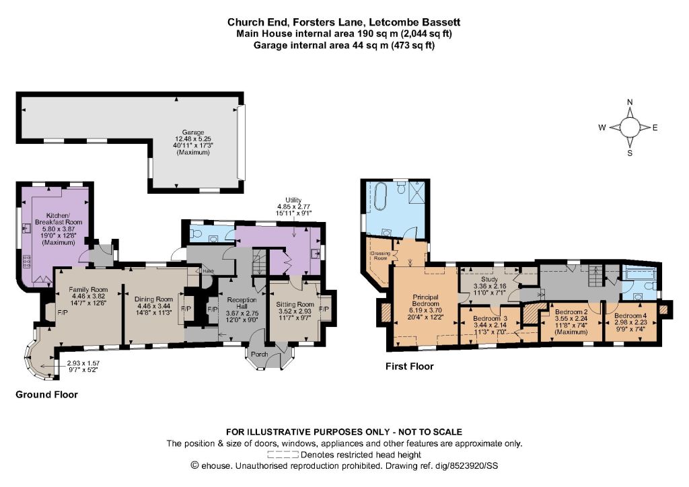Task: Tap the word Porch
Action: tap(260, 354)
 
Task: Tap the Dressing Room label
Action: tap(380, 256)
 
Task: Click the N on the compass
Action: tap(630, 102)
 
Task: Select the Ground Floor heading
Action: tap(46, 394)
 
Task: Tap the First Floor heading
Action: tap(410, 366)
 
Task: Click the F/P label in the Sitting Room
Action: tap(324, 309)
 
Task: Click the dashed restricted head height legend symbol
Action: tap(283, 455)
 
